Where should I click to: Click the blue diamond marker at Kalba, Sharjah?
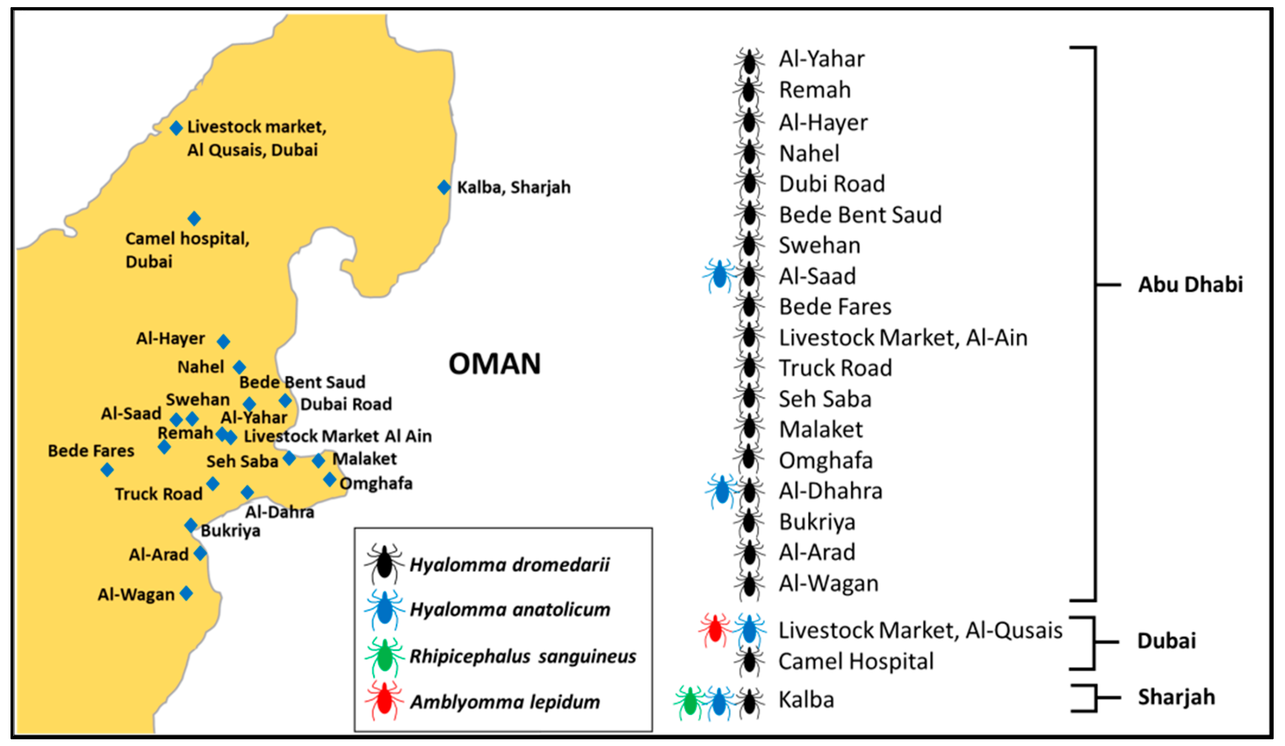pos(444,187)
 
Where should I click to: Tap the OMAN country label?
pos(494,364)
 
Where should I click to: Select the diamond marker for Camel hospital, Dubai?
pos(194,219)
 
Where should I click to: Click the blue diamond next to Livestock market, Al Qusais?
pos(176,127)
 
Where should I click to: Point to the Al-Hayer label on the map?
pos(170,338)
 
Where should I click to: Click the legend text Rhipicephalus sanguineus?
pos(523,656)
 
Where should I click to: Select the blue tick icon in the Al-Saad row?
pos(719,276)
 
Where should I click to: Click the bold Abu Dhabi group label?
pos(1190,285)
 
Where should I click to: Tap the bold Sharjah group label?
pos(1176,697)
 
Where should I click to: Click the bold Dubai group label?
pos(1166,641)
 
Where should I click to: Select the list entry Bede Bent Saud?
pos(860,214)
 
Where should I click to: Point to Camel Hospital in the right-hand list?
pos(856,662)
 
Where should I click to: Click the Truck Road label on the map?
pos(159,494)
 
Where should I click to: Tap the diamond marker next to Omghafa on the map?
pos(329,480)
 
